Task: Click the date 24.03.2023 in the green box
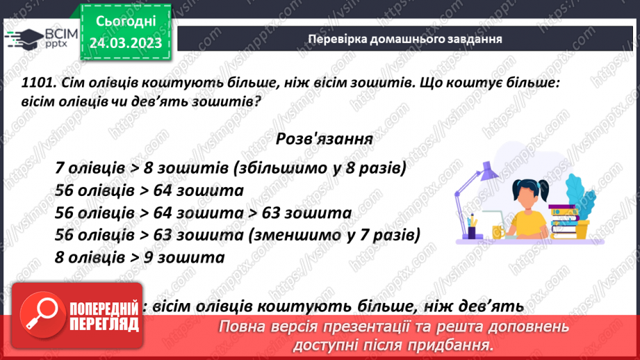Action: pyautogui.click(x=125, y=43)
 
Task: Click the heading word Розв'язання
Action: pyautogui.click(x=324, y=138)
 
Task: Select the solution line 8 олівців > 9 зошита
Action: pyautogui.click(x=139, y=257)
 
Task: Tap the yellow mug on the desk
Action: pyautogui.click(x=497, y=231)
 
